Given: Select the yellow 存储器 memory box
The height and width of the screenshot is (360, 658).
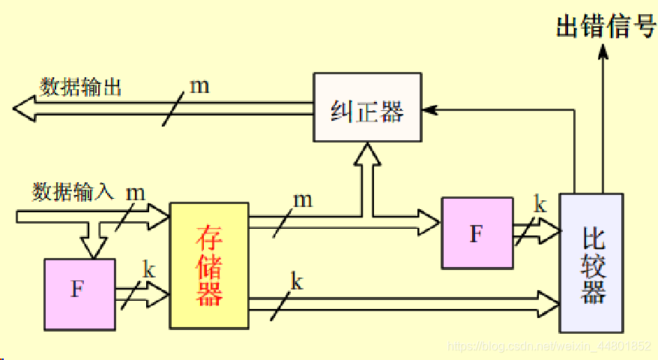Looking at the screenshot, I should (209, 265).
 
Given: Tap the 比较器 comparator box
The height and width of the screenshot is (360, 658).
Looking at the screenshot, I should (591, 263).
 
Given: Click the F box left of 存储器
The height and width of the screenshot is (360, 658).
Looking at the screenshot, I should (79, 293).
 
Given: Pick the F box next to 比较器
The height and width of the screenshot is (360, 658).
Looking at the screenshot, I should (477, 232).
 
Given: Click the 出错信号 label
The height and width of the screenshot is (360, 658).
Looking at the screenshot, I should (606, 28).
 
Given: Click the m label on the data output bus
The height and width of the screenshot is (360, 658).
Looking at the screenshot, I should (199, 85).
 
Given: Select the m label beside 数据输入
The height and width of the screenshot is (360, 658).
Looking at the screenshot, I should (135, 192).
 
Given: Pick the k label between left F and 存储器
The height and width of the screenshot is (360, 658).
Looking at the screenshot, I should (148, 270).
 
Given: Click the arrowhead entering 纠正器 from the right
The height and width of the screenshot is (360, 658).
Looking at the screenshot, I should (429, 110).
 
